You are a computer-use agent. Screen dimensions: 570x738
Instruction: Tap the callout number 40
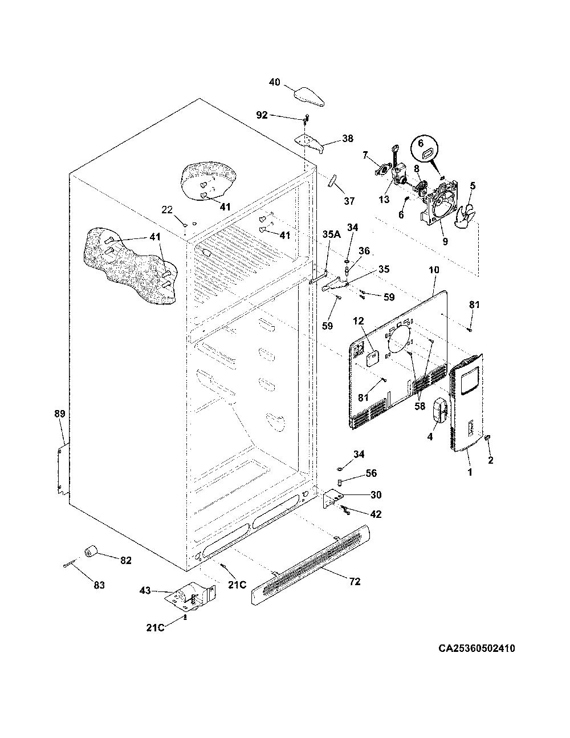tap(275, 82)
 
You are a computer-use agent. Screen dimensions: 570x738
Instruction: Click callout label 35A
tap(328, 234)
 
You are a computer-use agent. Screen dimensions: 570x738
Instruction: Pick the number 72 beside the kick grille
tap(355, 582)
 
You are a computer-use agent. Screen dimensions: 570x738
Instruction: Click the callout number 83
tap(99, 585)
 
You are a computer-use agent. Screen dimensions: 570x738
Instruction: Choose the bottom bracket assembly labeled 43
tap(193, 599)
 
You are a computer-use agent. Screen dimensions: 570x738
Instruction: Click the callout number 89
tap(60, 413)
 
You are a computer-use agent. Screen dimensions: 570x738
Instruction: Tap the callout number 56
tap(371, 473)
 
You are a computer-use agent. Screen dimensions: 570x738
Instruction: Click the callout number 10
tap(434, 270)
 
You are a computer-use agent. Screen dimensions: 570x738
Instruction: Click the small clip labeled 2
tap(489, 437)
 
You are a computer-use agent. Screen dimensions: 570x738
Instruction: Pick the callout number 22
tap(167, 210)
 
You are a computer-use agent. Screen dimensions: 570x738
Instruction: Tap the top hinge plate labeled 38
tap(310, 143)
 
